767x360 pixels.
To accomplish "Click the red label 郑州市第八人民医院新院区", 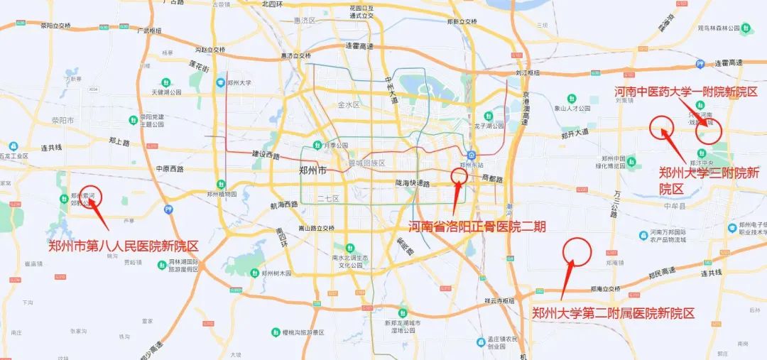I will coord(123,246).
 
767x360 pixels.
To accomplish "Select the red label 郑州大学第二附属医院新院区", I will coord(613,312).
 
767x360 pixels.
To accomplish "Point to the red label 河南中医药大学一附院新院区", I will coord(686,92).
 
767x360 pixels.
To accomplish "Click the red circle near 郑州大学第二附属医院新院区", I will coord(577,251).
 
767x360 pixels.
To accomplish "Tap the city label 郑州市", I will coord(313,170).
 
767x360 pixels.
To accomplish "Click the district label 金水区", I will coord(349,104).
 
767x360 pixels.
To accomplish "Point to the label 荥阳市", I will coord(62,121).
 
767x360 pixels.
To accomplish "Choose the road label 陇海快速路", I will coord(413,182).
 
